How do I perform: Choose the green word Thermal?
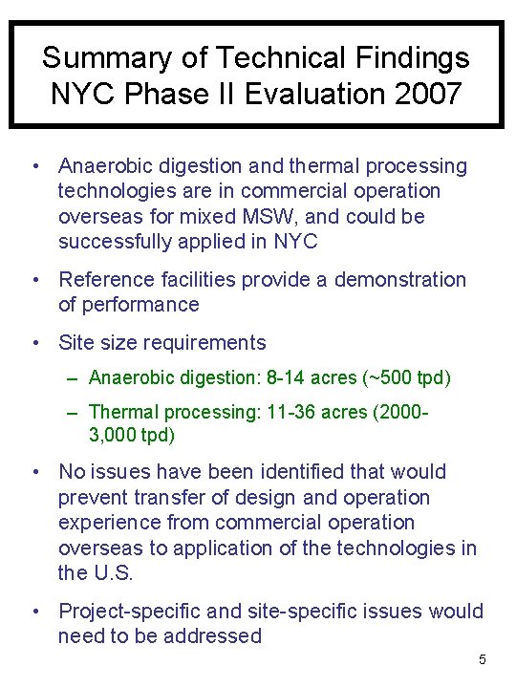click(121, 412)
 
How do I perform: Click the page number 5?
click(483, 659)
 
